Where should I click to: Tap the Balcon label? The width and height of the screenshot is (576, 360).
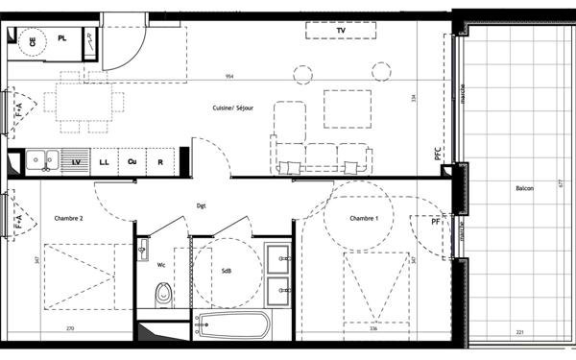click(523, 188)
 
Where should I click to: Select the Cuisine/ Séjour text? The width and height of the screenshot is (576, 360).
click(234, 108)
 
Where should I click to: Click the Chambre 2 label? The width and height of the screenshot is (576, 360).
click(68, 219)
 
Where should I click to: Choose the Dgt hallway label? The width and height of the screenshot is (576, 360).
click(202, 205)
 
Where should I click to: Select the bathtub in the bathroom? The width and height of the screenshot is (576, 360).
click(233, 324)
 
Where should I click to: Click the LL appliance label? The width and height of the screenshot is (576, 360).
click(103, 162)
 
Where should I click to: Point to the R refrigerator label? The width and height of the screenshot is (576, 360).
click(160, 162)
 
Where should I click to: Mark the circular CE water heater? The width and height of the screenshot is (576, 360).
click(33, 41)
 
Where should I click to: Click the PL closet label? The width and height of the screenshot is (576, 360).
click(62, 37)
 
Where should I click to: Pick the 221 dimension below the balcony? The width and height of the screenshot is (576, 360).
click(519, 332)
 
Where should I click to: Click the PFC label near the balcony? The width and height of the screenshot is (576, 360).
click(437, 154)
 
